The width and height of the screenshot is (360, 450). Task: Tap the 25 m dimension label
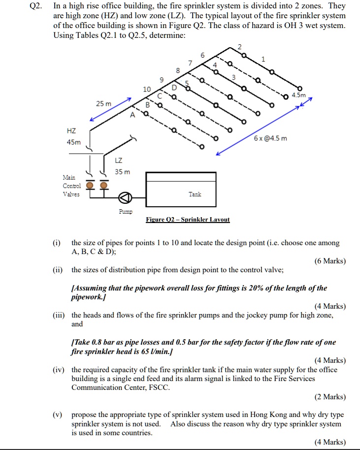tap(103, 103)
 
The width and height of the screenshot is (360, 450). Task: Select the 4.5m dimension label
tap(298, 95)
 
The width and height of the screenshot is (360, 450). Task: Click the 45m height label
tap(73, 143)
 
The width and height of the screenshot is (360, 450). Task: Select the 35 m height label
tap(123, 172)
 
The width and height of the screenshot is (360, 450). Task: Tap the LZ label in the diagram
tap(119, 161)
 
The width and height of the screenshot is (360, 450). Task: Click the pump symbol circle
tap(126, 198)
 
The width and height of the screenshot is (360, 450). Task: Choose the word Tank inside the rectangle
tap(195, 194)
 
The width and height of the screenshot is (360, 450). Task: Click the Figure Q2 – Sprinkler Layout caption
tap(188, 220)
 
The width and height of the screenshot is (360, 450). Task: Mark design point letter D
tap(174, 87)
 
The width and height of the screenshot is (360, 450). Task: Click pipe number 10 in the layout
tap(147, 90)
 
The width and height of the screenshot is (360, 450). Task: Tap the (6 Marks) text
tap(329, 261)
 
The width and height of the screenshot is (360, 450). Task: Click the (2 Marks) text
tap(329, 397)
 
